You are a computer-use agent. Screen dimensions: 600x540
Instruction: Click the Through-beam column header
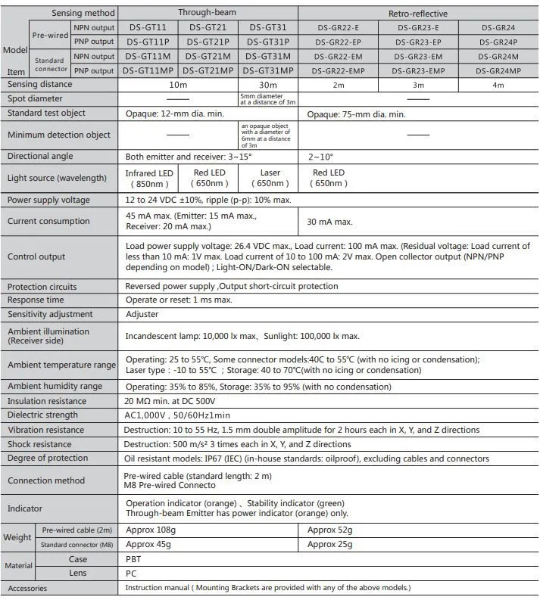[208, 13]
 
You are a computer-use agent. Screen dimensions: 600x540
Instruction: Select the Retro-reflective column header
[417, 13]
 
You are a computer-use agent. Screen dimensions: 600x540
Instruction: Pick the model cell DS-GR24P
[498, 42]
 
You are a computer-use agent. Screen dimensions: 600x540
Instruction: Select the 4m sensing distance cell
[498, 85]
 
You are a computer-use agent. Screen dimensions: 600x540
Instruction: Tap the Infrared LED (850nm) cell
[149, 178]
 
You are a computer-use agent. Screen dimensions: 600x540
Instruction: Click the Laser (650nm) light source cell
[270, 178]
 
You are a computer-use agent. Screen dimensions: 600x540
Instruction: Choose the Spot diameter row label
[36, 98]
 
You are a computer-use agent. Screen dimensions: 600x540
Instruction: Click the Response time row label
[36, 300]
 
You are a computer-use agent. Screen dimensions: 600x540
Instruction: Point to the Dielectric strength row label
[43, 415]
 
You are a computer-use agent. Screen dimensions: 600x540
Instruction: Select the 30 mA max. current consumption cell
[329, 222]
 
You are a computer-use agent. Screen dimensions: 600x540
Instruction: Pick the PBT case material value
[133, 559]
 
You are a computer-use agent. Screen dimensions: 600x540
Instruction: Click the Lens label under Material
[77, 574]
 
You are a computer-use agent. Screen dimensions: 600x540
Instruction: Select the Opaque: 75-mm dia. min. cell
[357, 113]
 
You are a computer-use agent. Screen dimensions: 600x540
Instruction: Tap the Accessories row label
[28, 588]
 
